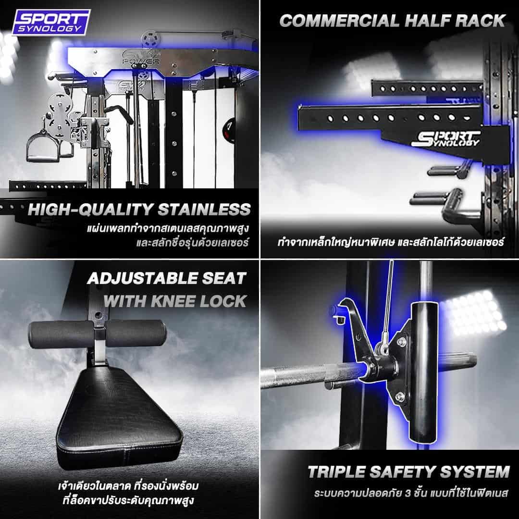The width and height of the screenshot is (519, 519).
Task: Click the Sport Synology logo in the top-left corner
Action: [51, 22]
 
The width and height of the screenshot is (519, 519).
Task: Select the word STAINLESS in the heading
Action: [204, 210]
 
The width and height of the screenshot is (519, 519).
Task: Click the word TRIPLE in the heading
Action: [336, 472]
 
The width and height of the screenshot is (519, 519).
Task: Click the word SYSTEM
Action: [475, 472]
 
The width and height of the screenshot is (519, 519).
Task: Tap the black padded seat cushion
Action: [120, 418]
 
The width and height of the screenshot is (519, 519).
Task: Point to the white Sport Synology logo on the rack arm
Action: [445, 139]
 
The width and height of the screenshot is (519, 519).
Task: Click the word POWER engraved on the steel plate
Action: [141, 62]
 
